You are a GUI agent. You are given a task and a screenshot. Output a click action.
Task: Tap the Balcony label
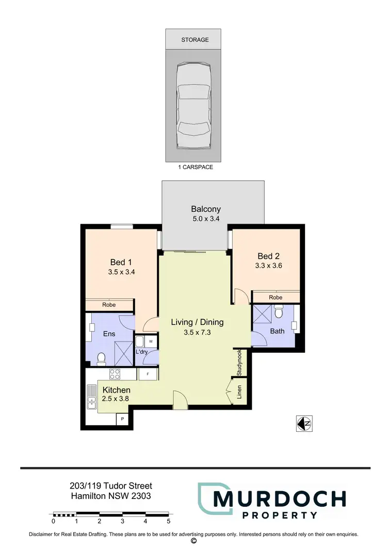[206, 209]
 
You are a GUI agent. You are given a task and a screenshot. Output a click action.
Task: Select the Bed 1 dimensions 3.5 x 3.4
[123, 271]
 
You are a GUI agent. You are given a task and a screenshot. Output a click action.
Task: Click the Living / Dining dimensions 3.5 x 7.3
[197, 333]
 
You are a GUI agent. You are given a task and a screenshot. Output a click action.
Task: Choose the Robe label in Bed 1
[109, 305]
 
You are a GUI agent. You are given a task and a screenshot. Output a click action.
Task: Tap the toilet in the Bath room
[279, 312]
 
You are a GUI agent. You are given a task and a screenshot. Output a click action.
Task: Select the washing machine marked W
[151, 341]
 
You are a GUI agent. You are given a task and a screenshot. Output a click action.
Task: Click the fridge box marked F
[148, 373]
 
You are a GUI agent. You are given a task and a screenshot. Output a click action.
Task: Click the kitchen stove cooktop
[114, 374]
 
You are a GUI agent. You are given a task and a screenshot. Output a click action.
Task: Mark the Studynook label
[239, 363]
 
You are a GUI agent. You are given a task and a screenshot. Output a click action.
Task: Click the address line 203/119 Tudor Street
[111, 486]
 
